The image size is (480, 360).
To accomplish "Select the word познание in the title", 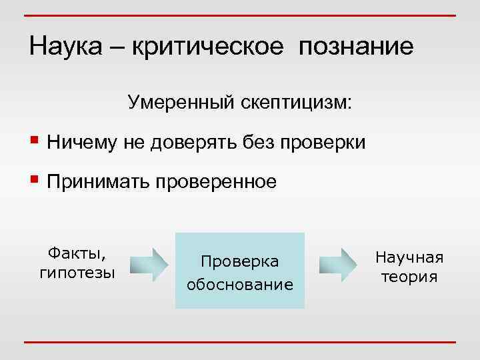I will point(356,47).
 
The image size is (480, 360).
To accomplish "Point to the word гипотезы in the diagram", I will point(77,272).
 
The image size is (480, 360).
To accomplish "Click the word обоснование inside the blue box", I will point(240,285).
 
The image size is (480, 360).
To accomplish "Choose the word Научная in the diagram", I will point(409,258).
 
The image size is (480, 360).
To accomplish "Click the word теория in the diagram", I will point(409,277).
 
